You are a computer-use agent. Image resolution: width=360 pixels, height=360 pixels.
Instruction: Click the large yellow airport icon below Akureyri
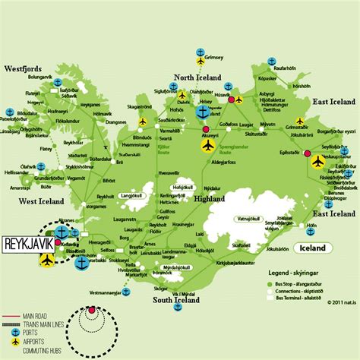click(207, 144)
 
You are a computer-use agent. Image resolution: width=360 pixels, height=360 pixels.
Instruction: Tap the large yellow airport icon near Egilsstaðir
click(317, 160)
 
